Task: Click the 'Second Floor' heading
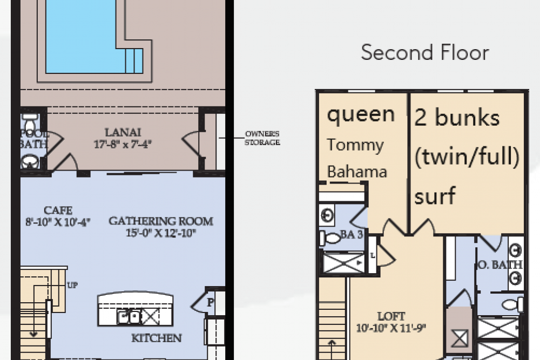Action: point(425,53)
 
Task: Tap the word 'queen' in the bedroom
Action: point(361,114)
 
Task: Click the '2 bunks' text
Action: point(457,118)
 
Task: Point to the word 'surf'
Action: point(435,196)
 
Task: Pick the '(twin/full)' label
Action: point(467,158)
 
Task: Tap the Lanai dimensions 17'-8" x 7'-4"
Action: point(122,144)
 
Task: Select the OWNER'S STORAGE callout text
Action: point(262,138)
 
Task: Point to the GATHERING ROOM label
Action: point(161,221)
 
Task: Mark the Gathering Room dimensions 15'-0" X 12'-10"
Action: point(161,233)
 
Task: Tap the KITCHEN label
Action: point(157,338)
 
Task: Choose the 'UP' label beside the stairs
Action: point(72,284)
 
